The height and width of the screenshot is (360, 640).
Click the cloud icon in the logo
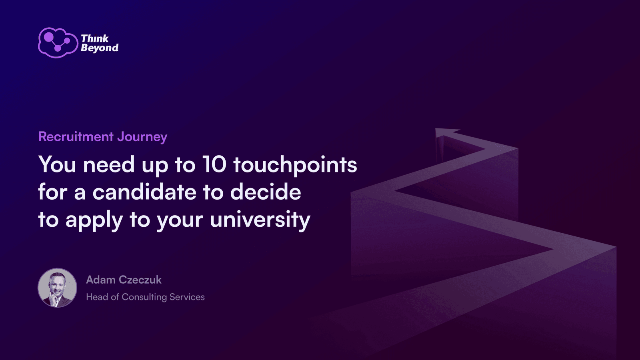pos(58,43)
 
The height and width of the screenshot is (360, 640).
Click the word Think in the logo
pos(94,38)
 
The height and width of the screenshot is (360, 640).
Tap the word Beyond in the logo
pos(100,48)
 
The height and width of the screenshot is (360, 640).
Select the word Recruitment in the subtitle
pos(76,136)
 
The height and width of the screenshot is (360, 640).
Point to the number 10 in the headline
pos(214,164)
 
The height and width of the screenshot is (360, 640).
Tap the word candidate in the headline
pos(144,192)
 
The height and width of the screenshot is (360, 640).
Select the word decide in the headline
pos(266,192)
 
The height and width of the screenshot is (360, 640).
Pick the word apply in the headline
pos(94,220)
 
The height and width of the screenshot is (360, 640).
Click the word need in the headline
pos(108,165)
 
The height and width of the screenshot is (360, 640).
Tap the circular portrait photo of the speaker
pos(58,288)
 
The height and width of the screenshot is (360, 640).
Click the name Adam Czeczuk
pos(124,280)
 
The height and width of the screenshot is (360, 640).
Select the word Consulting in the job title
pos(144,298)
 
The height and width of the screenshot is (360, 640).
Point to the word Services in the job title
pos(187,297)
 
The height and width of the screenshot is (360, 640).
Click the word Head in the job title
pos(97,297)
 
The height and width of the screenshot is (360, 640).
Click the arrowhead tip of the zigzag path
pos(436,129)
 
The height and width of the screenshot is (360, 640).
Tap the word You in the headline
pos(57,164)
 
